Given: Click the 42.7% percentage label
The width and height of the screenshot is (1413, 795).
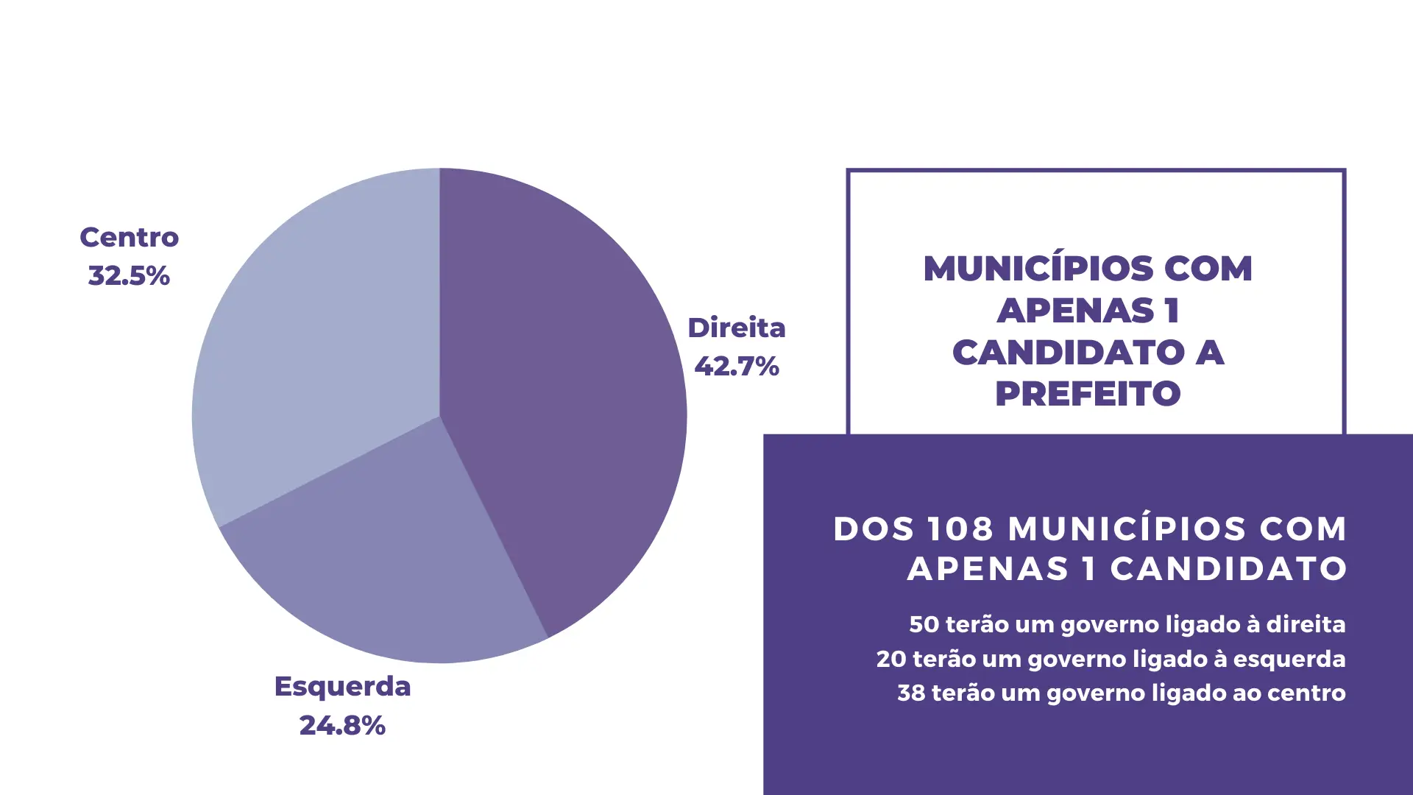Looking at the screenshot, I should click(x=737, y=367).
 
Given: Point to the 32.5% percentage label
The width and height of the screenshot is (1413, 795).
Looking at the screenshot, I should click(x=129, y=276).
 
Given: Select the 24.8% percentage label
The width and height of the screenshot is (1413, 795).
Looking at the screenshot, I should click(x=342, y=726).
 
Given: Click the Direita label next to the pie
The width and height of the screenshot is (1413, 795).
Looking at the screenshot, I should click(x=737, y=328).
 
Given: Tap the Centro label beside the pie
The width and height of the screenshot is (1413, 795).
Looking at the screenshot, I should click(x=129, y=237).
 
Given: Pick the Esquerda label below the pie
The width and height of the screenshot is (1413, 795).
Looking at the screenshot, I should click(x=342, y=686).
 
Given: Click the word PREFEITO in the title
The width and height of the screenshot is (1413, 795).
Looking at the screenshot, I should click(x=1088, y=394).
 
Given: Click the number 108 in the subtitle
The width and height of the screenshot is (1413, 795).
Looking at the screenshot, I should click(x=960, y=529).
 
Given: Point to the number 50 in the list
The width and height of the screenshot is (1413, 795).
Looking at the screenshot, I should click(x=924, y=624).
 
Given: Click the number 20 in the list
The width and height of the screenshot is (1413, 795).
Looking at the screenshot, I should click(x=890, y=659).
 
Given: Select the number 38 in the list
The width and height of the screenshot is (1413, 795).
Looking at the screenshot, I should click(x=911, y=693).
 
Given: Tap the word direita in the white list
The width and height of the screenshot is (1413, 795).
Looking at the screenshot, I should click(x=1306, y=624).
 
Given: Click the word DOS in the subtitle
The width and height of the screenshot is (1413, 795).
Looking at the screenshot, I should click(x=874, y=529).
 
